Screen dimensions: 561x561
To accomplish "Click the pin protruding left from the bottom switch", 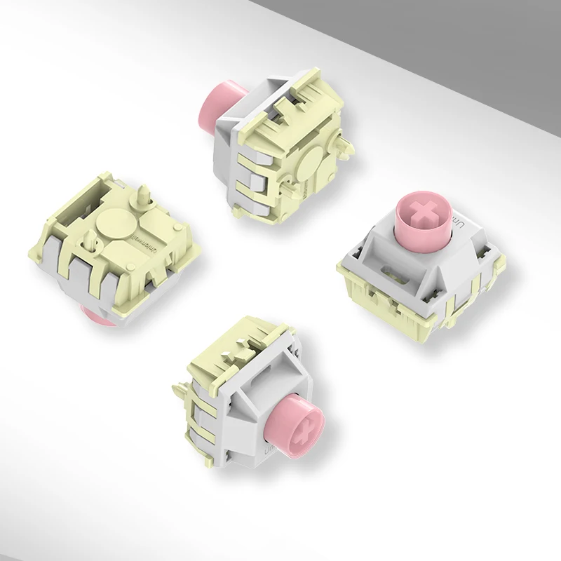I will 176,385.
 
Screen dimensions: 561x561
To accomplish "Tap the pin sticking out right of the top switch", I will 346,148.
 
